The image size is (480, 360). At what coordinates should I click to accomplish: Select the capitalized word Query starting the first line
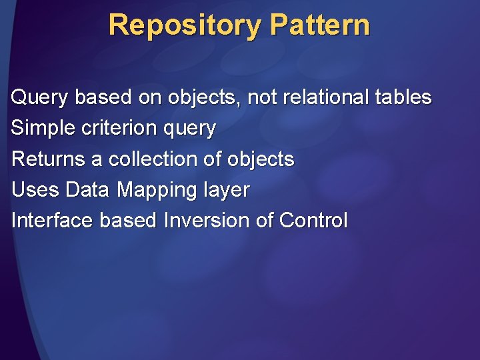click(39, 97)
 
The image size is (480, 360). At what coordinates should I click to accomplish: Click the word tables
click(403, 97)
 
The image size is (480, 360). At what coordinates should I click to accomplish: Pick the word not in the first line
click(262, 97)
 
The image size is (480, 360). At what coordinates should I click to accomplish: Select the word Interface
click(52, 221)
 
